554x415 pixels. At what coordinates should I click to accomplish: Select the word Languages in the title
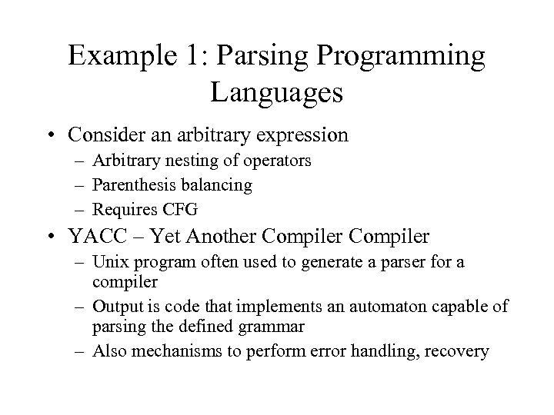click(276, 94)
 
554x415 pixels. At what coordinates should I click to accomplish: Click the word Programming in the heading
click(412, 58)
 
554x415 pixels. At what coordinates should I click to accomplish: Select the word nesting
click(169, 161)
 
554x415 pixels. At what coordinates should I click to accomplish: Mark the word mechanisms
click(165, 351)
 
